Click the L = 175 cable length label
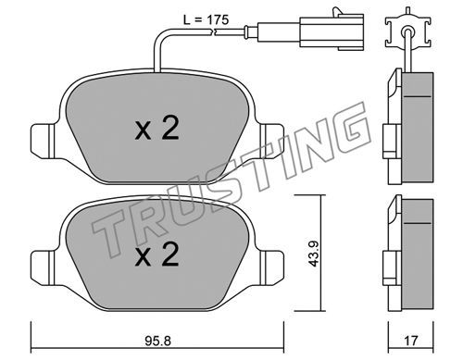tap(206, 20)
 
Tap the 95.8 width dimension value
tap(157, 341)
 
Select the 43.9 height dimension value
tap(314, 254)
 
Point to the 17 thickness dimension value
tap(411, 341)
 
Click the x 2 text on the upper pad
tap(156, 130)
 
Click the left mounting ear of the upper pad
tap(44, 140)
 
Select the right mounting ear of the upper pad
tap(271, 140)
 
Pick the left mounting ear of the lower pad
tap(44, 267)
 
